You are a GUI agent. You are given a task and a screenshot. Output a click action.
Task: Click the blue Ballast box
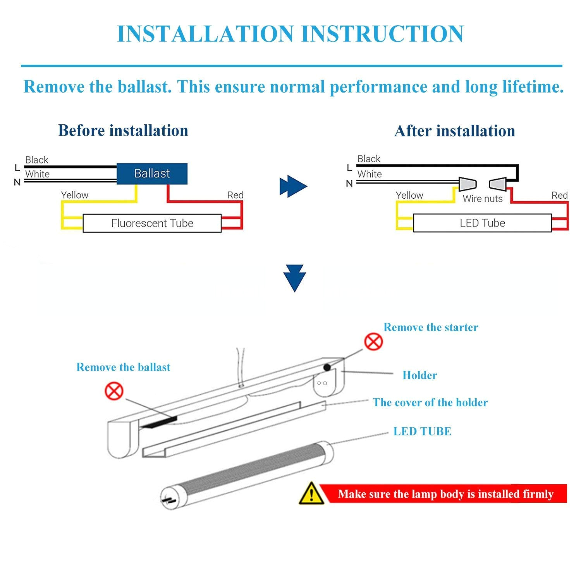152,174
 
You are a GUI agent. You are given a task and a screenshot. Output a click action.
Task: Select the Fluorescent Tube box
152,223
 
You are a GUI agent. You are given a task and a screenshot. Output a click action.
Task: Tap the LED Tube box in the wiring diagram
482,223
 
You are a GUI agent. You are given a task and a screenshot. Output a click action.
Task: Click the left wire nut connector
467,184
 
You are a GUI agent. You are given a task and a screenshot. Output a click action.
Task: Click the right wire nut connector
498,184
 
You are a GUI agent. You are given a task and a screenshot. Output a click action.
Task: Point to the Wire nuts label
482,199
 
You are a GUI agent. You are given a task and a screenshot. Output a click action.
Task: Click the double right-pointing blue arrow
293,186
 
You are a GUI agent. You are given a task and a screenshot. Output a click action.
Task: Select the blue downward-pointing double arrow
294,278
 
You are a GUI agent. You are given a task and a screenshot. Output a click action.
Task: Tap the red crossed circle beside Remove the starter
373,342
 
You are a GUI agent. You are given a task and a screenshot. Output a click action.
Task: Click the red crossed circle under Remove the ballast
114,391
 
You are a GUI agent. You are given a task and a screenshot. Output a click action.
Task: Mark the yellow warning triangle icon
311,494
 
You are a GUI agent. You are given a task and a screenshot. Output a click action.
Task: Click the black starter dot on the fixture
327,367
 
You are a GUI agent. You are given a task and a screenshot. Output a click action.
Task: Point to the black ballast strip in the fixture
159,422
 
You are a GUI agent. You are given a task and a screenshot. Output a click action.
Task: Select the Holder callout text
419,375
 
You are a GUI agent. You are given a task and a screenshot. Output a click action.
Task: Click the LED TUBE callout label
422,431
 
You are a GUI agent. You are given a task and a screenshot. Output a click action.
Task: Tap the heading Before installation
123,131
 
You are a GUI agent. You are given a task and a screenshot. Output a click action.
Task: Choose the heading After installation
454,131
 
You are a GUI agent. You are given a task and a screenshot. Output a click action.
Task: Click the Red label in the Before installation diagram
235,195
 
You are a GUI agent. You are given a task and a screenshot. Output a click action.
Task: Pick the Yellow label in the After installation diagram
409,195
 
